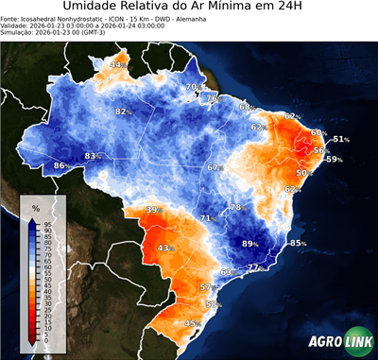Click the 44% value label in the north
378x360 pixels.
coord(117,65)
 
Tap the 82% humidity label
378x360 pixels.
coord(122,111)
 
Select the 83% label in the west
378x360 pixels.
coord(92,156)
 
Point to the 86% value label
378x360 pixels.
coord(60,166)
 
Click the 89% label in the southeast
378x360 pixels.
coord(250,244)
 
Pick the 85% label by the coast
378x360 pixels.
coord(298,244)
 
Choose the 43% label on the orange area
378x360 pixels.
coord(165,249)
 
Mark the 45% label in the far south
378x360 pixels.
coord(192,324)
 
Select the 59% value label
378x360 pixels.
coord(334,160)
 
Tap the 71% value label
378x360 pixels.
coord(207,218)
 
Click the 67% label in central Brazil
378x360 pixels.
coord(215,167)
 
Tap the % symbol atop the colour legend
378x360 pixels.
coord(35,207)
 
